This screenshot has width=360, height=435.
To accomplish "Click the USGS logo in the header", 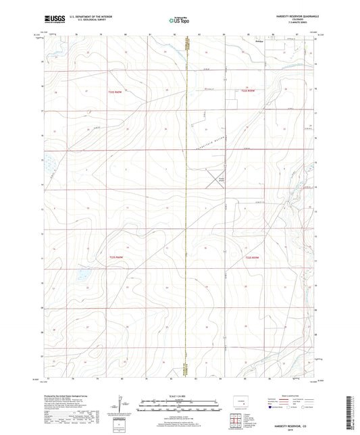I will (53, 20).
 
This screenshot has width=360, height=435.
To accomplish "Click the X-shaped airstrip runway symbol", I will (217, 178).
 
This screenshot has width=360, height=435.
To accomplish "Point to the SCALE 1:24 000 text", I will (180, 396).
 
